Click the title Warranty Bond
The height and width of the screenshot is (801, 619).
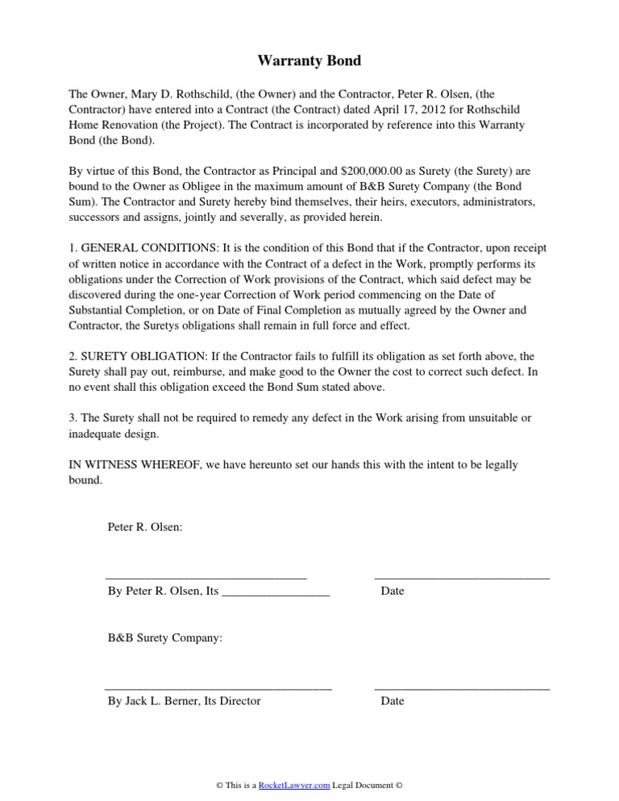coord(309,60)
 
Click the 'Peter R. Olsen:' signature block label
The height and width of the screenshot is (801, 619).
coord(145,527)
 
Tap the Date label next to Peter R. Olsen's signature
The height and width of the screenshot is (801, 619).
coord(393,591)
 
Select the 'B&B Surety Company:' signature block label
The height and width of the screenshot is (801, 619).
coord(165,637)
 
